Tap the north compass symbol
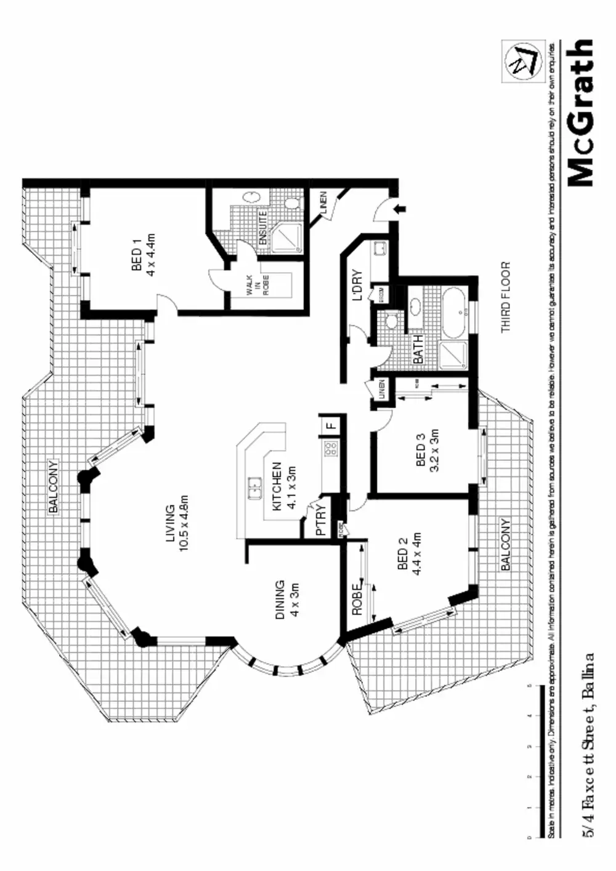521,60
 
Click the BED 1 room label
137,260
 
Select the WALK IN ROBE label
257,285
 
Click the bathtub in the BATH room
455,312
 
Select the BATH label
418,349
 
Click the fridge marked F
330,424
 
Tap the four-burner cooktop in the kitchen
331,448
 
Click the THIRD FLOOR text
506,297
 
